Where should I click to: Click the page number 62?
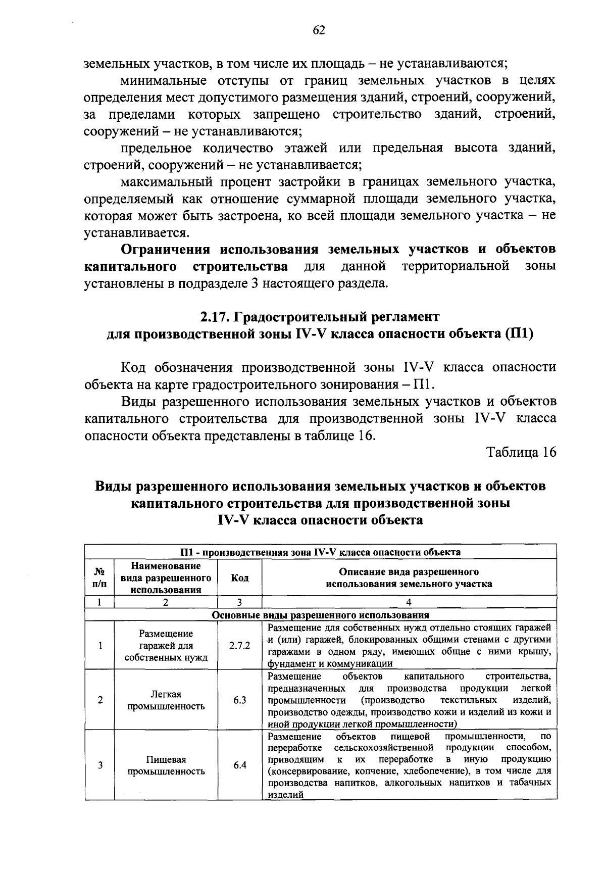318,31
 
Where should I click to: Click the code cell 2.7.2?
239,646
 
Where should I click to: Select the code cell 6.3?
239,700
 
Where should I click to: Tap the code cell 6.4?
239,765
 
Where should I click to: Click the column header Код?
239,578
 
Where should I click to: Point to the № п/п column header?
100,578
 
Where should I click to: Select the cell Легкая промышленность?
166,700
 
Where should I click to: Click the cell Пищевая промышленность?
166,765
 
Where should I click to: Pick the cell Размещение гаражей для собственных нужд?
166,646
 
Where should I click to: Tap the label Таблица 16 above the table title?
521,452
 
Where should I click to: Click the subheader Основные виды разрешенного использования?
321,615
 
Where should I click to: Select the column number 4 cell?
409,602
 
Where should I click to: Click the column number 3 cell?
239,602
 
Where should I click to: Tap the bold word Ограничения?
166,250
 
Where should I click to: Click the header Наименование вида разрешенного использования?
166,578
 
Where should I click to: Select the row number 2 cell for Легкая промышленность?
100,700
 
